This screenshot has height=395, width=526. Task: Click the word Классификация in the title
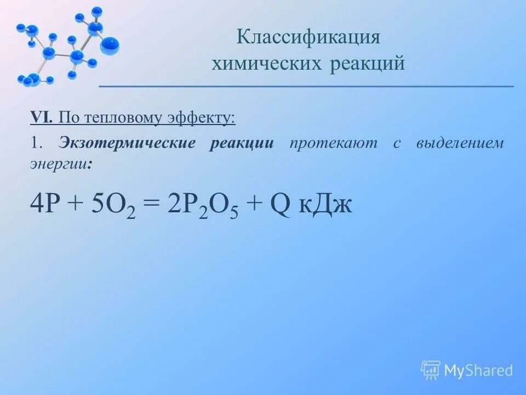308,38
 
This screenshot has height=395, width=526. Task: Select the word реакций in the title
368,64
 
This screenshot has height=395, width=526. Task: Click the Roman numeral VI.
41,117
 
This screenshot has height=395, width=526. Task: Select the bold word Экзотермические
127,144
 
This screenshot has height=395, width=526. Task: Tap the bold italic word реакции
241,144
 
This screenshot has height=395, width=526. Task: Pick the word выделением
460,144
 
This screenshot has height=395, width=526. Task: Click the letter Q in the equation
280,206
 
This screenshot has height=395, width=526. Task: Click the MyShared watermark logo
467,370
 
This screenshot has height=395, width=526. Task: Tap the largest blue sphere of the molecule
110,45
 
